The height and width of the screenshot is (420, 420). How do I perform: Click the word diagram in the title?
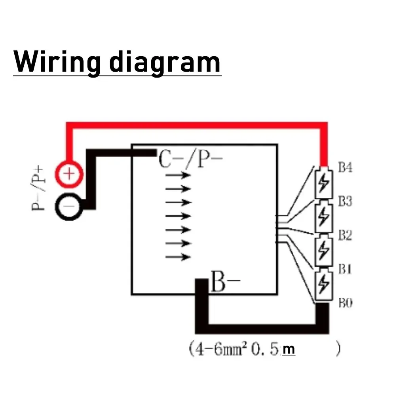pyautogui.click(x=165, y=63)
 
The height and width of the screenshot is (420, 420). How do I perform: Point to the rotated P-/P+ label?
pyautogui.click(x=40, y=189)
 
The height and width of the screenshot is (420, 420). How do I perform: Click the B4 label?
pyautogui.click(x=345, y=167)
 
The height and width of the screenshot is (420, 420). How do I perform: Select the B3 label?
pyautogui.click(x=345, y=201)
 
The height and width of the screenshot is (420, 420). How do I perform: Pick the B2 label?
pyautogui.click(x=345, y=235)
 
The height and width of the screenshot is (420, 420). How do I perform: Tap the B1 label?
pyautogui.click(x=345, y=269)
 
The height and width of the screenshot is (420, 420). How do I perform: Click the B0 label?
pyautogui.click(x=345, y=304)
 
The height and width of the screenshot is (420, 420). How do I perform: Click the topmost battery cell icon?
pyautogui.click(x=324, y=183)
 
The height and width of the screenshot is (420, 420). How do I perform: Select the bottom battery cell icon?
pyautogui.click(x=324, y=285)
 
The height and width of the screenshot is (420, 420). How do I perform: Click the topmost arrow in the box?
pyautogui.click(x=178, y=175)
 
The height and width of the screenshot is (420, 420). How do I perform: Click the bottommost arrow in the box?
pyautogui.click(x=178, y=257)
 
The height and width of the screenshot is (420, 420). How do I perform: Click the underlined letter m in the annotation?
pyautogui.click(x=289, y=350)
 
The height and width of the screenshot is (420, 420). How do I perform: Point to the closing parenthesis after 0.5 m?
pyautogui.click(x=337, y=350)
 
